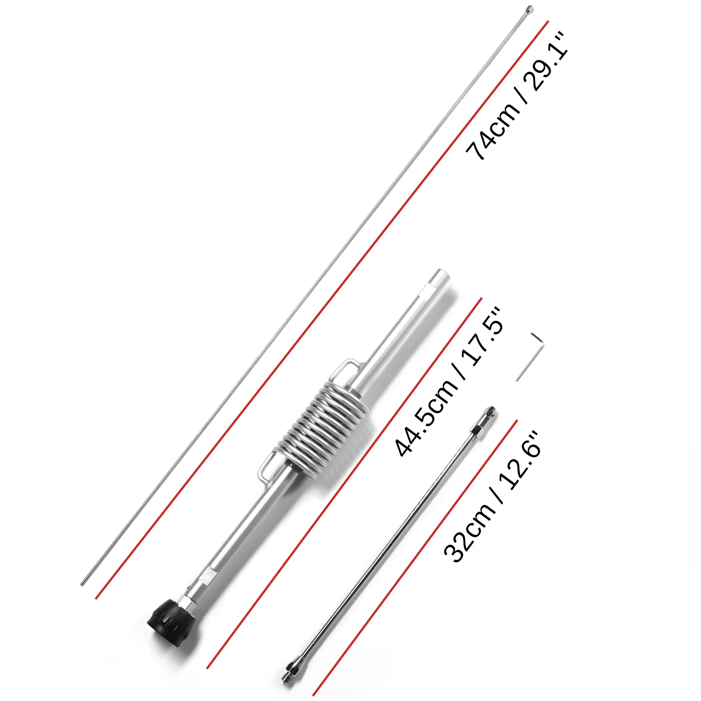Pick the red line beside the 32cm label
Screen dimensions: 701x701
(x=416, y=556)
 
